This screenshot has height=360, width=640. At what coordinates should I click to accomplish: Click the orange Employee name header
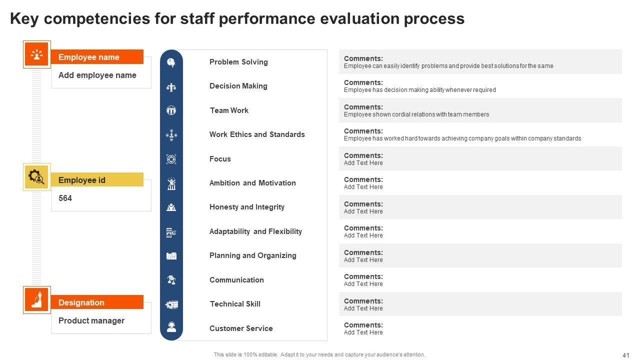coord(97,57)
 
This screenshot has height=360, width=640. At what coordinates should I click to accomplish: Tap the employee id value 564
coord(65,198)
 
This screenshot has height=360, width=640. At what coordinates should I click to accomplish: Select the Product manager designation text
coord(91,320)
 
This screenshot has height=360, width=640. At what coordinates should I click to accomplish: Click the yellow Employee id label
coord(97,179)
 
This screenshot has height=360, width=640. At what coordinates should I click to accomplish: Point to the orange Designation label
coord(97,302)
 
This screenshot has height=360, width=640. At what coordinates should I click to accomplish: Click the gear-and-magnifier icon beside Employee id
coord(36,177)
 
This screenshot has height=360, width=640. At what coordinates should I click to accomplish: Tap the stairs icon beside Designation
coord(37,299)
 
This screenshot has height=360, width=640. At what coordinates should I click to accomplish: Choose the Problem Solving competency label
coord(238,62)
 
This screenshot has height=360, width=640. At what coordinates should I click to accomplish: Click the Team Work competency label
coord(229,110)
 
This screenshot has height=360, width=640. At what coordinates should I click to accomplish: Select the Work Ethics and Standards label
coord(257,134)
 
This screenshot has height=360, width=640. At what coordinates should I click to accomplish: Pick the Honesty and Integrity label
coord(247,207)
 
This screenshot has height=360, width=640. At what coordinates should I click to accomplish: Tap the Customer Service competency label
coord(241,328)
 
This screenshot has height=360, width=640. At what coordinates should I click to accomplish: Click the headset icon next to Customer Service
coord(171,327)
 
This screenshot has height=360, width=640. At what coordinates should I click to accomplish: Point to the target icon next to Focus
coord(171,159)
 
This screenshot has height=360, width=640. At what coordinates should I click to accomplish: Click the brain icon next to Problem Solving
coord(171,62)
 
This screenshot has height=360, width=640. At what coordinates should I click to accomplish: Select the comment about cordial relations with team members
coord(416,114)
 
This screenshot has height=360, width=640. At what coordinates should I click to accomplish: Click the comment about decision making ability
coord(419,89)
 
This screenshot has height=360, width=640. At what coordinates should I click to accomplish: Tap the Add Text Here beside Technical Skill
coord(363,308)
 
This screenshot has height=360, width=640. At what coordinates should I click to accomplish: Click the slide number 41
coord(625,355)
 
